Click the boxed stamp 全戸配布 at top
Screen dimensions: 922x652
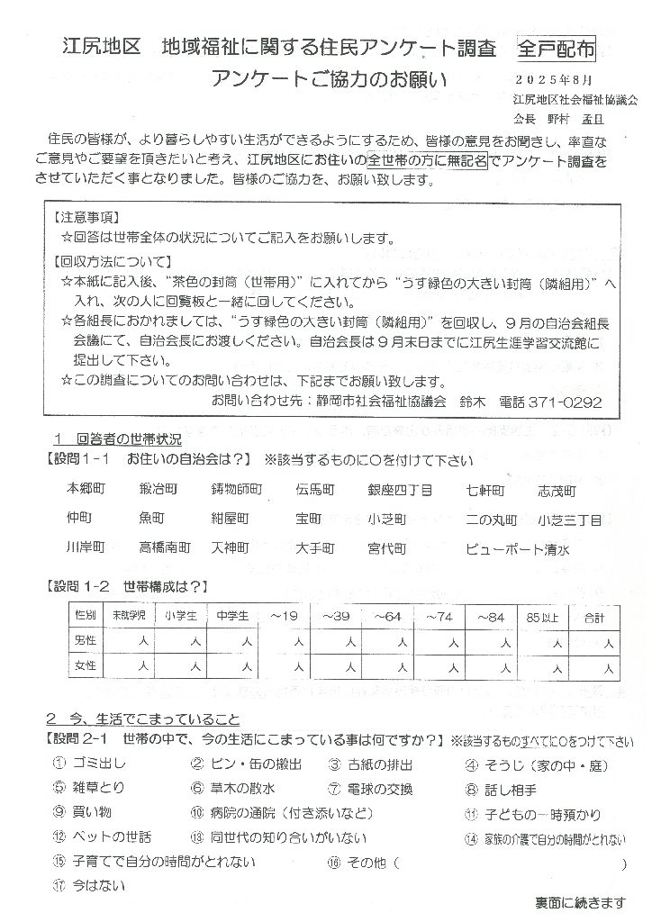click(557, 50)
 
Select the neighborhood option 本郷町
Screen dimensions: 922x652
click(86, 490)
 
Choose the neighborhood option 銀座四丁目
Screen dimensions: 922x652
click(401, 490)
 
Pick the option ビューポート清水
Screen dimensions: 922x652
click(518, 547)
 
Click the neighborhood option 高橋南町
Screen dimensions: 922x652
click(165, 547)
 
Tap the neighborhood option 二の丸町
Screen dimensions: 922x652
click(492, 520)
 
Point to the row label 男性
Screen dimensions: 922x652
click(87, 640)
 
